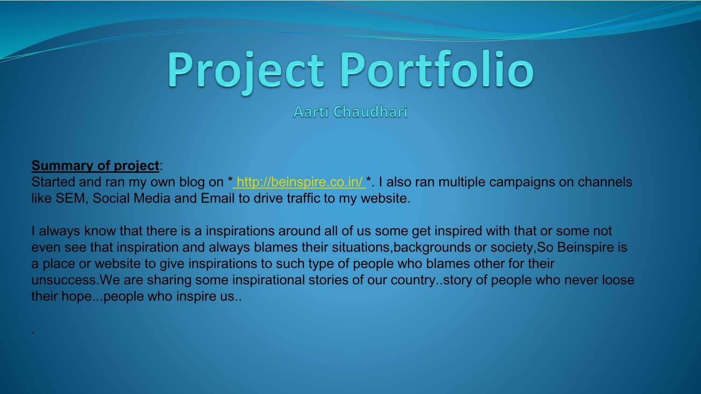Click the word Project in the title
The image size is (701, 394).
[246, 70]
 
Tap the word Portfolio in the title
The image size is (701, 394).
[436, 70]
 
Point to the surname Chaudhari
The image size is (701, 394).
[370, 112]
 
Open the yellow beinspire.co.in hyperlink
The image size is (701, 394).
[300, 182]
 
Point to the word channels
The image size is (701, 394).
[605, 182]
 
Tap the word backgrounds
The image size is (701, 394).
[432, 247]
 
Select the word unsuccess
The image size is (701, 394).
[64, 280]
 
